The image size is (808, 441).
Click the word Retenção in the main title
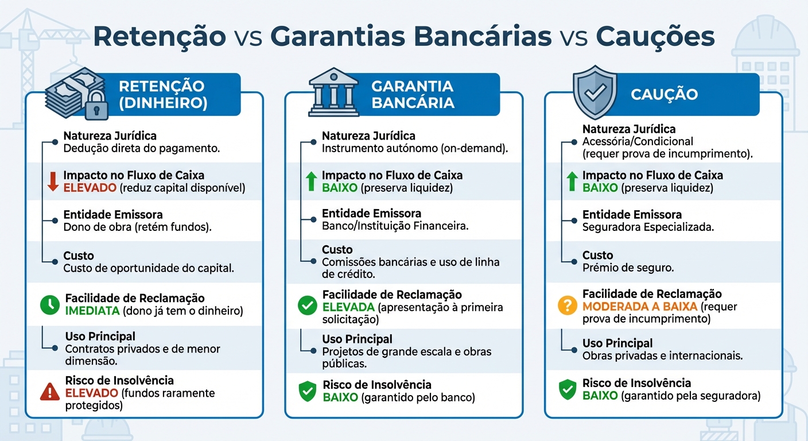click(159, 36)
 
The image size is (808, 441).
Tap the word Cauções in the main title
click(655, 36)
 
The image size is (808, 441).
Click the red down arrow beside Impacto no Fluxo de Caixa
click(53, 181)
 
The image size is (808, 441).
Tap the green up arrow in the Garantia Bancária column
click(311, 181)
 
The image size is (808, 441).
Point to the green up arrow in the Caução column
click(572, 181)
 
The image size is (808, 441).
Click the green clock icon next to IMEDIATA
click(50, 304)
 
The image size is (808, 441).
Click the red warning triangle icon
click(50, 392)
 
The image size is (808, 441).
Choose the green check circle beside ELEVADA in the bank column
click(307, 306)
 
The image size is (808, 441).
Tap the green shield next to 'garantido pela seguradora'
click(567, 389)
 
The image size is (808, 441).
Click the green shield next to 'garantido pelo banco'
click(308, 391)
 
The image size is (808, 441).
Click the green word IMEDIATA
click(93, 311)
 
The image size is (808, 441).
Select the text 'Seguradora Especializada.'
click(648, 227)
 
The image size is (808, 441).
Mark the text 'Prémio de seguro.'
click(628, 268)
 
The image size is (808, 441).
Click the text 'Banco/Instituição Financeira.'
click(395, 226)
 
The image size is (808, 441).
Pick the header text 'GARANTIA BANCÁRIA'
click(413, 95)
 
